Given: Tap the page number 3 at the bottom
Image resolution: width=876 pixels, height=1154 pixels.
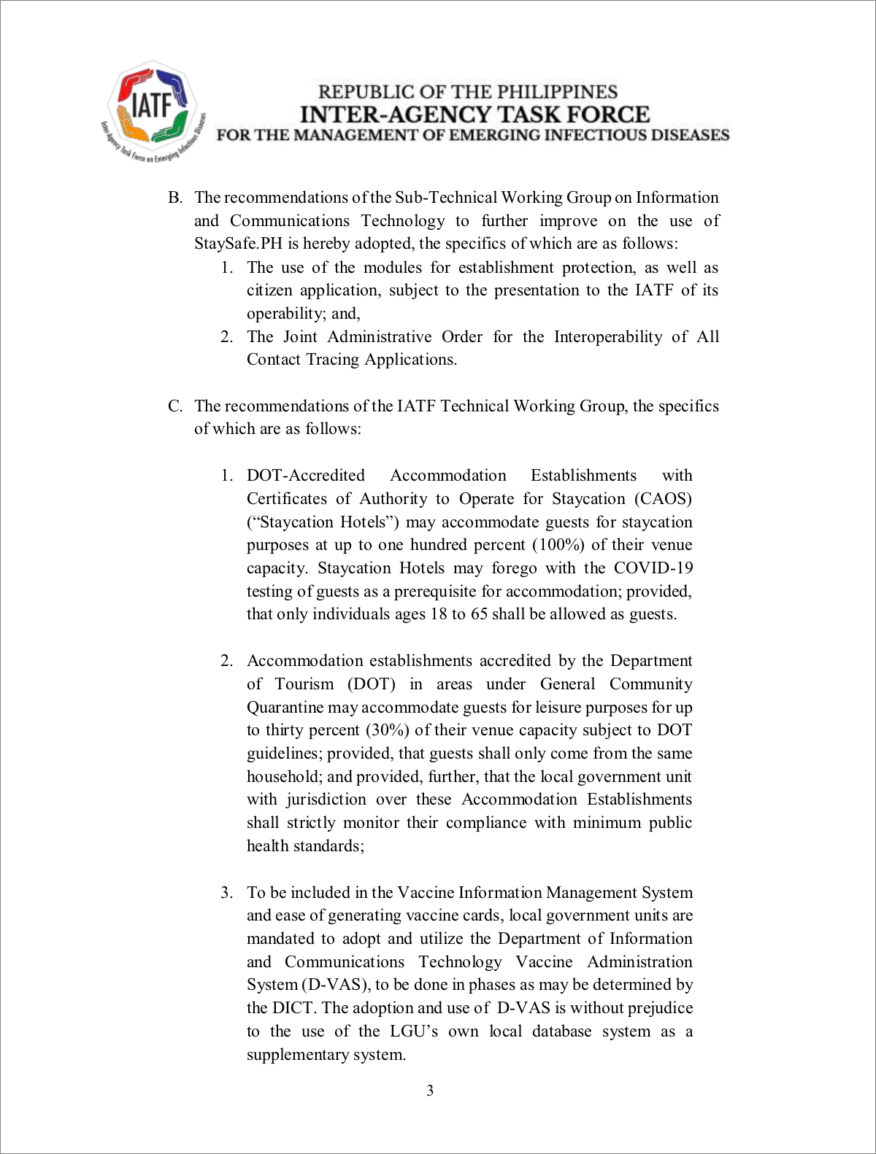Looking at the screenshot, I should (x=430, y=1091).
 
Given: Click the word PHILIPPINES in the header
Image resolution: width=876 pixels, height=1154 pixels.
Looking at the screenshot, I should (x=564, y=92).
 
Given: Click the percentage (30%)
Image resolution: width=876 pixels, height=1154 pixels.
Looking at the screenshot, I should (x=388, y=730).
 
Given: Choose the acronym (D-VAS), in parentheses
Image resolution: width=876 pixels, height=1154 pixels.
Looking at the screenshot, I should (x=337, y=985).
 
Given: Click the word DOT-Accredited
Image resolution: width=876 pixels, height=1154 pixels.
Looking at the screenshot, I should (x=305, y=476).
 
